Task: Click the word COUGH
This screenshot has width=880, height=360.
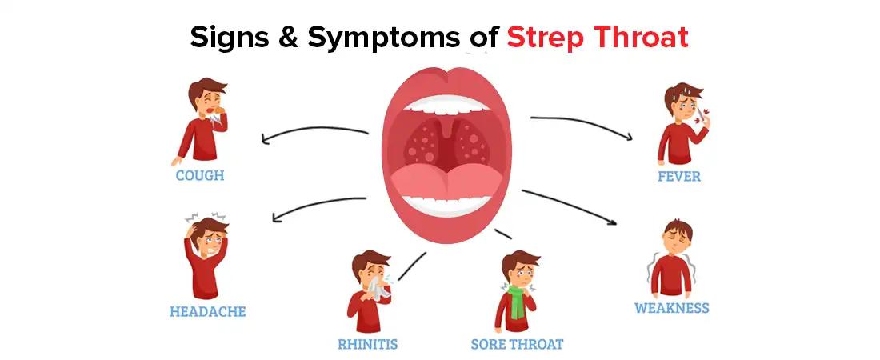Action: point(200,175)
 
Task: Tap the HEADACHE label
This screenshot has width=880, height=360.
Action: point(208,311)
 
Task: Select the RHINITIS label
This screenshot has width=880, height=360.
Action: point(368,343)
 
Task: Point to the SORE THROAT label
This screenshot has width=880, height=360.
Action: point(517,343)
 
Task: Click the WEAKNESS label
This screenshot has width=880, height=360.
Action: point(672,308)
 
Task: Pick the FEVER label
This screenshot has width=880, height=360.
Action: point(679,176)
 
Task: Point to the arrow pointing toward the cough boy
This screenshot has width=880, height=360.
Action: point(314,134)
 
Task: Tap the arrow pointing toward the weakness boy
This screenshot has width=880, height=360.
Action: point(570,206)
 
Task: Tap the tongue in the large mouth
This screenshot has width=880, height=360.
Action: point(446,182)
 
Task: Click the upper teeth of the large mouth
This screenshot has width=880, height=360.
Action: point(446,105)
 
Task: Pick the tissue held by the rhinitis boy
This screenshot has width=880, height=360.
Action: point(377,287)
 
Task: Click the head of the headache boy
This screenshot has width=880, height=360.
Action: point(209,234)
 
